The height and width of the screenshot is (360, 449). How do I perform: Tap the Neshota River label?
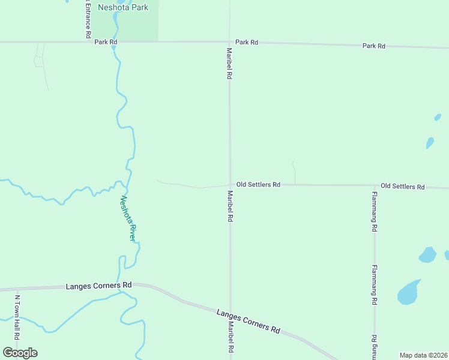pos(128,217)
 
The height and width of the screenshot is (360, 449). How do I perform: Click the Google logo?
pos(20,352)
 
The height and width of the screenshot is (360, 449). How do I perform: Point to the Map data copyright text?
pos(423,355)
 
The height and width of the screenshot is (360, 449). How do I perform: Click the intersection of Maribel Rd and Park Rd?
pos(229,42)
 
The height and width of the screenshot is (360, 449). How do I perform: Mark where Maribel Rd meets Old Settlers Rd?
pos(229,185)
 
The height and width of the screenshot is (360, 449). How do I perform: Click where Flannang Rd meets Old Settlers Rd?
pos(375,185)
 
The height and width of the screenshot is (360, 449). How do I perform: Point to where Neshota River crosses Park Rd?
pos(114,42)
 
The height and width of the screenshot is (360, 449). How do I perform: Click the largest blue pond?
pos(409,292)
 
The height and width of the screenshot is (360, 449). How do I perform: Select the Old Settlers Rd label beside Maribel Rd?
pos(258,185)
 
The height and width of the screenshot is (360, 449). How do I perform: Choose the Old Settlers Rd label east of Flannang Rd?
pos(403,187)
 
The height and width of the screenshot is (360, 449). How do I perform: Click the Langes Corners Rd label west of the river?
pos(98,286)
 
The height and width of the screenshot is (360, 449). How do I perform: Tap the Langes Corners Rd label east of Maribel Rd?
pos(249,322)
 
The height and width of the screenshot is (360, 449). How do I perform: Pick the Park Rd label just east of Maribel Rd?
pos(247,42)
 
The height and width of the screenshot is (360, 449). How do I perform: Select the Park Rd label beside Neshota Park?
pos(106,42)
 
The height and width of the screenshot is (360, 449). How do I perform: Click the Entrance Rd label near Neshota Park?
pos(88,19)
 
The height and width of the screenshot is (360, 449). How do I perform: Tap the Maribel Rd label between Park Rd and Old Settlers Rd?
pos(229,64)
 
